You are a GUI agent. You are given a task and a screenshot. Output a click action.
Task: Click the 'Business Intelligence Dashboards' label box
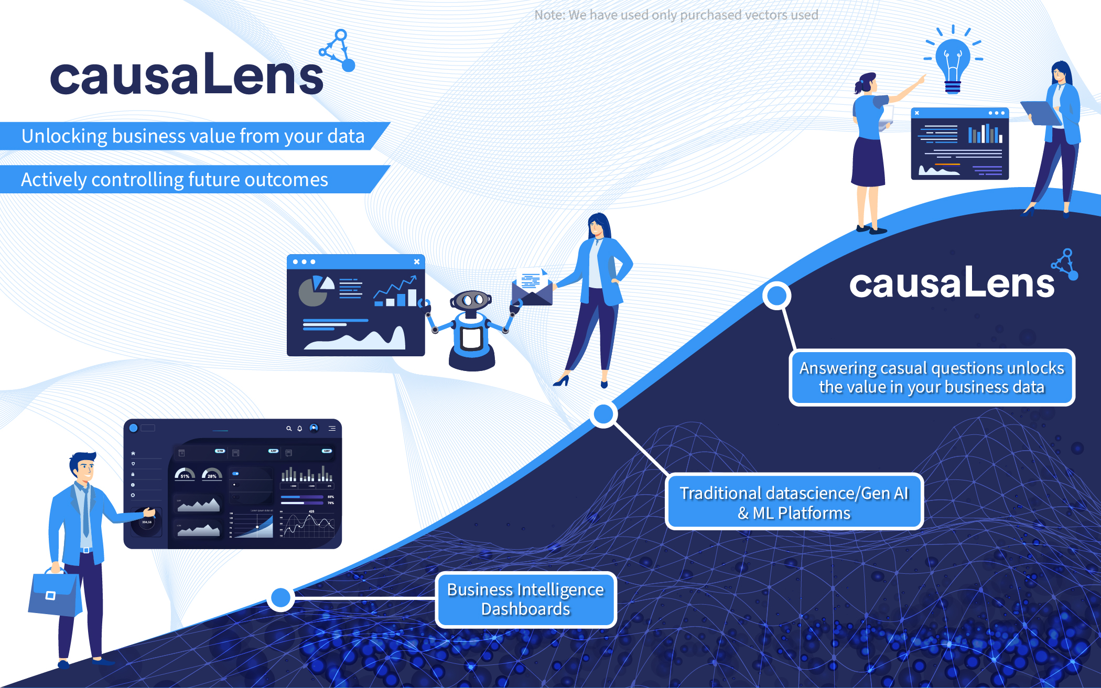[x=525, y=599]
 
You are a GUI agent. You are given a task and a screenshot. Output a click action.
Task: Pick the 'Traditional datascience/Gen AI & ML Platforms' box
[x=794, y=502]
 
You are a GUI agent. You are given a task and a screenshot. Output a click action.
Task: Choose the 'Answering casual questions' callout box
[x=932, y=377]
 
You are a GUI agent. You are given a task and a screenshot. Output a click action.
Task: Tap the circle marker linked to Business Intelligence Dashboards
[x=281, y=597]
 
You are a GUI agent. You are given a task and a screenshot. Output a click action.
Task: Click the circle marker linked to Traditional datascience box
[x=603, y=414]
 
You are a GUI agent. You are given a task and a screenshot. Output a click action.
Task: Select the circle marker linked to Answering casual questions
[x=776, y=296]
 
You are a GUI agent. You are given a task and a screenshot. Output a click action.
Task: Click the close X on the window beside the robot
[x=417, y=261]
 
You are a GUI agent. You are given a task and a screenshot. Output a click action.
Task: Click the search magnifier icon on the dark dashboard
[x=288, y=429]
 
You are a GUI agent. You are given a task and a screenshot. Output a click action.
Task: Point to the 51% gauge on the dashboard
[x=185, y=474]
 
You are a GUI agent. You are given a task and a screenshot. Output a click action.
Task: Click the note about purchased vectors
[x=676, y=15]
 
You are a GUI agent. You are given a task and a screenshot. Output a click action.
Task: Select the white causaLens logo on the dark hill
[x=952, y=283]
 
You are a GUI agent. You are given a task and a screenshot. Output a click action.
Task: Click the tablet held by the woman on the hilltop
[x=1041, y=113]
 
